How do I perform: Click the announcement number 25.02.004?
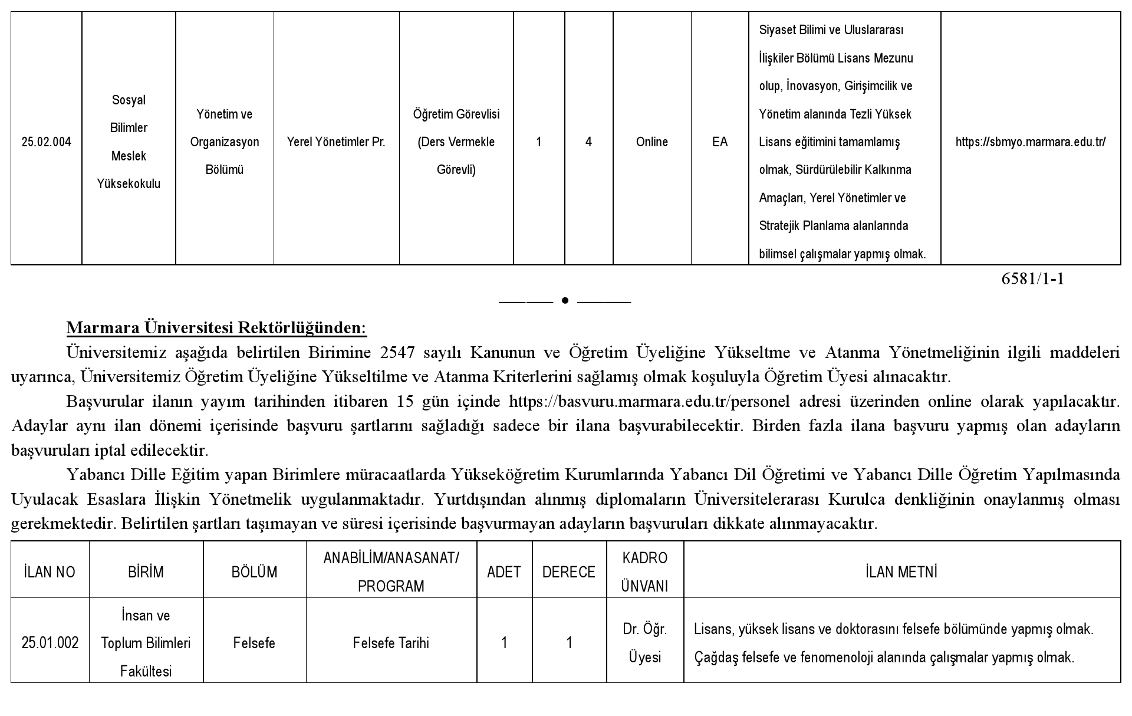click(46, 142)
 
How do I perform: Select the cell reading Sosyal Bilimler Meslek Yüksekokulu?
click(129, 142)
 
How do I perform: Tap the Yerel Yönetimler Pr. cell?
click(336, 142)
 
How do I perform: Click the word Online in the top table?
click(651, 142)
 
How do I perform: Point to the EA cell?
click(719, 142)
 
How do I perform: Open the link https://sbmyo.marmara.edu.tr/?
click(1030, 142)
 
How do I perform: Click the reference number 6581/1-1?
click(1032, 279)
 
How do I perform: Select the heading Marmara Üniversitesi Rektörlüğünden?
click(216, 327)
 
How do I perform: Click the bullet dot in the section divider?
click(565, 301)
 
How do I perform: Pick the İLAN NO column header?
click(50, 572)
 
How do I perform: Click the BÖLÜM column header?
click(254, 572)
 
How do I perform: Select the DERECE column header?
click(568, 572)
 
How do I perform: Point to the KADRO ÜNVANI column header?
click(644, 572)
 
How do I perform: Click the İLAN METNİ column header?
click(901, 572)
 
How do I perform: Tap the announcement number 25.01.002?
click(50, 643)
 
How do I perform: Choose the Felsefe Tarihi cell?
click(391, 643)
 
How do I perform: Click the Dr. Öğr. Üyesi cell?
click(644, 643)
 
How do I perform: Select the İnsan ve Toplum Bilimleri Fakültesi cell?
click(146, 643)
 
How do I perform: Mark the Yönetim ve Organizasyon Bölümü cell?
click(224, 142)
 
